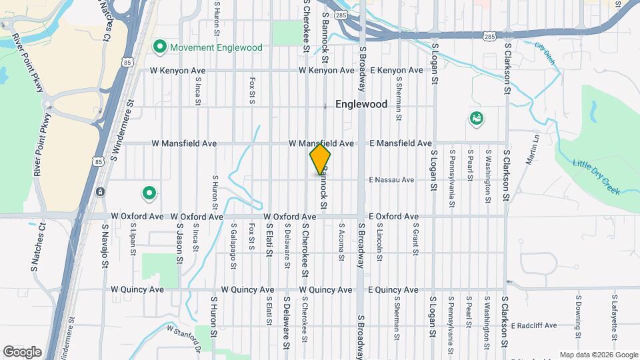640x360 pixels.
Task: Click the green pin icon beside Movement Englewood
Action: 159,47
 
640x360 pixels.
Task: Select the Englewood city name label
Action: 361,104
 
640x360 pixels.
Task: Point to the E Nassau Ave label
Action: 392,180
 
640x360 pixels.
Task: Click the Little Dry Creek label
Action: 597,176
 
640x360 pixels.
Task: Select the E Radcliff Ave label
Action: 534,325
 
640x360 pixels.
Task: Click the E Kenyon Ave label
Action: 397,70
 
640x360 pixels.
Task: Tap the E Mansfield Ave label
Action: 401,143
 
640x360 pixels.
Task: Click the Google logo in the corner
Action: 22,352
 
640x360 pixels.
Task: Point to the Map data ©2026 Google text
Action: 598,355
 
